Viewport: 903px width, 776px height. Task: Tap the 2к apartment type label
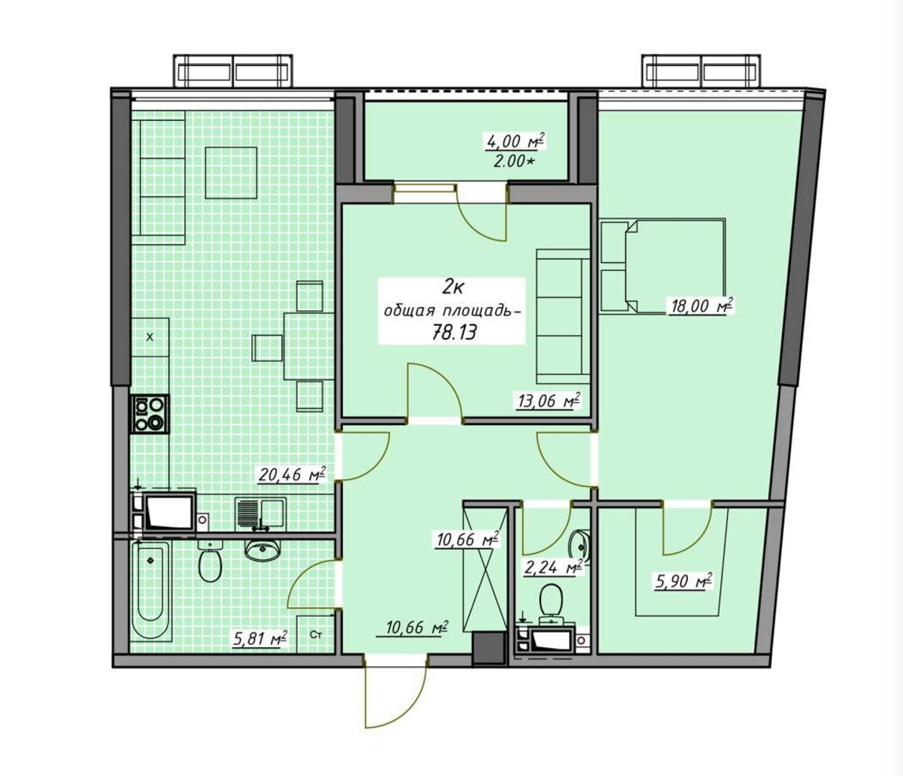pyautogui.click(x=454, y=285)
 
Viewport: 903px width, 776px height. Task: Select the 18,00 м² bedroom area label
pyautogui.click(x=700, y=306)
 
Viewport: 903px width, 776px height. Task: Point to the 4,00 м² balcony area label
pyautogui.click(x=513, y=141)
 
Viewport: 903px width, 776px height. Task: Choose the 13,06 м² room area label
pyautogui.click(x=547, y=400)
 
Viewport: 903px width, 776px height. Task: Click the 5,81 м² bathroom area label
pyautogui.click(x=261, y=638)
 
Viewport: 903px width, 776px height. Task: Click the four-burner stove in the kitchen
pyautogui.click(x=150, y=414)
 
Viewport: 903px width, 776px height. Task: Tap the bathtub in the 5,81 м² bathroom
pyautogui.click(x=150, y=591)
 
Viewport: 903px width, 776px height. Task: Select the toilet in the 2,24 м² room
pyautogui.click(x=550, y=601)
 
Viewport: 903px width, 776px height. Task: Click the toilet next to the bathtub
pyautogui.click(x=210, y=562)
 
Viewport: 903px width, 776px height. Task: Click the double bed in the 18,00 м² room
pyautogui.click(x=662, y=265)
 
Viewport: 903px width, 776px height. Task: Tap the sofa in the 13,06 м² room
pyautogui.click(x=563, y=316)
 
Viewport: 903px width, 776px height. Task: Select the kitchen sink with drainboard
pyautogui.click(x=260, y=514)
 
